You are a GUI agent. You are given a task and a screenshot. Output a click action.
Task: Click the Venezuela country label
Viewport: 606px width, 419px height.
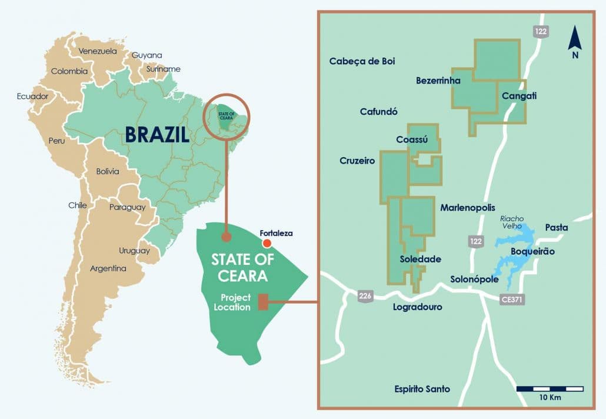98,51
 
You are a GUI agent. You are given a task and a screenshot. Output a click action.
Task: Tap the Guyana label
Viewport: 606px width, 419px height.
146,55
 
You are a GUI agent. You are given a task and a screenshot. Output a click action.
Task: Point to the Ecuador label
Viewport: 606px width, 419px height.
32,96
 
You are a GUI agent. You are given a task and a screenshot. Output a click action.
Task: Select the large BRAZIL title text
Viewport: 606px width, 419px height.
157,135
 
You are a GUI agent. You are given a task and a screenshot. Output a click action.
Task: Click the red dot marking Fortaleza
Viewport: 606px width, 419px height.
267,243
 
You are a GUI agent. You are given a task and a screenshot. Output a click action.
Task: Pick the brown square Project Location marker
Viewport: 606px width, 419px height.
264,302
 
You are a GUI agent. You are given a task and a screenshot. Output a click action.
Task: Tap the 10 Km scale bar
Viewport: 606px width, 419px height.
550,389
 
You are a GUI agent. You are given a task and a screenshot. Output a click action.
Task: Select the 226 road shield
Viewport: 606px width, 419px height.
365,296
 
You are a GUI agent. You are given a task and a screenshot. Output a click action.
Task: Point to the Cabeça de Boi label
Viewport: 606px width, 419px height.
362,61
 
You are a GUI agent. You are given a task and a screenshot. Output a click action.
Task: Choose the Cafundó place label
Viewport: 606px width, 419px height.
379,111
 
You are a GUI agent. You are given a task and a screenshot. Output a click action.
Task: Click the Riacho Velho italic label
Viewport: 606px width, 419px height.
511,222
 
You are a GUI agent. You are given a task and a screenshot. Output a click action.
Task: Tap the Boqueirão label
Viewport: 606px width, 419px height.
533,251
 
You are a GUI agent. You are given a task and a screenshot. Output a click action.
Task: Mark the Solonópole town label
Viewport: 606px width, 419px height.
475,279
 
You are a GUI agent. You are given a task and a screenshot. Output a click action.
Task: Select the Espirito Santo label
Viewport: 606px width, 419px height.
422,389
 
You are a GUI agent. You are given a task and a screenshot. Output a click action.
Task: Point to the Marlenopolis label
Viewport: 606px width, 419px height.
468,208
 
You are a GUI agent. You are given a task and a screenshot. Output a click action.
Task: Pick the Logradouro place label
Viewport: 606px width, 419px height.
417,307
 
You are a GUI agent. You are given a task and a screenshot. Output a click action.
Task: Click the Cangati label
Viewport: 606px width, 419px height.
519,95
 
